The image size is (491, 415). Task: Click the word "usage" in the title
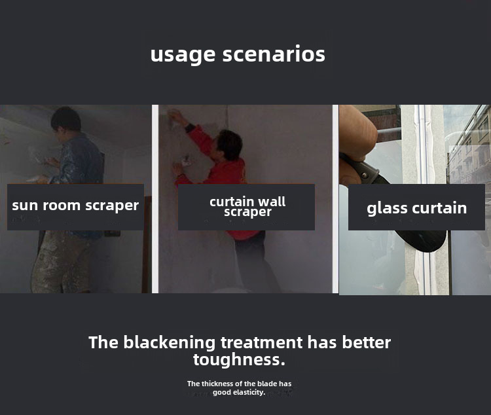pos(183,55)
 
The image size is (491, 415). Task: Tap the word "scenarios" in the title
pos(274,54)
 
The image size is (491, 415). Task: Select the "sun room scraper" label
pos(75,206)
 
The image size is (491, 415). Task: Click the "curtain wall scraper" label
pos(247,206)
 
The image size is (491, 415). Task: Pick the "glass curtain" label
pos(417,209)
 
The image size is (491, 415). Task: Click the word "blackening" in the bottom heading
pos(170,342)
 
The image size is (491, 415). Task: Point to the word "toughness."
pos(239,359)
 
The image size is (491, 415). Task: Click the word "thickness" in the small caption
pos(217,384)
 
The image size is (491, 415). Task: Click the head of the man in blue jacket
pos(65,120)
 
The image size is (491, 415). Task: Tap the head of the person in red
pos(230,145)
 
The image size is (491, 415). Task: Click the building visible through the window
pos(469,151)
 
